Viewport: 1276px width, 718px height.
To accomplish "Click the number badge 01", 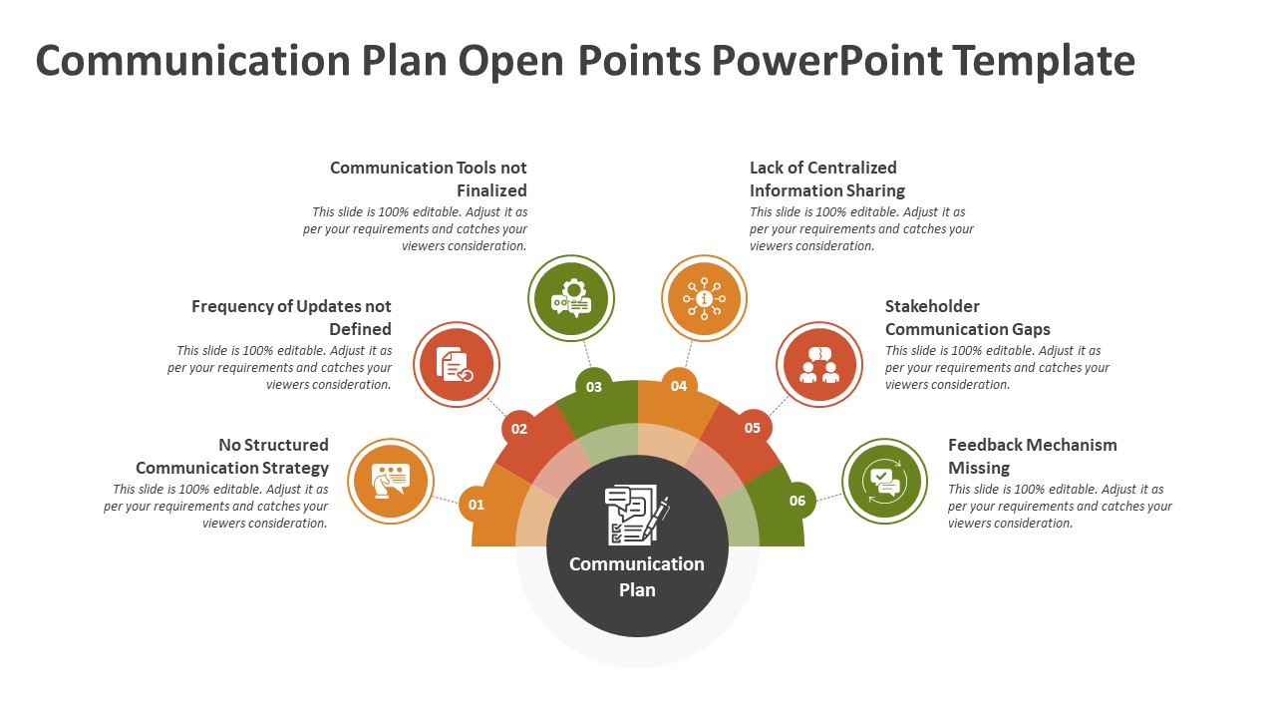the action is point(477,505).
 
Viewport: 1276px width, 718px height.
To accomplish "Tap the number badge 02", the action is point(519,429).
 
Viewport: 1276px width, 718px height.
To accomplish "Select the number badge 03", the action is point(594,386).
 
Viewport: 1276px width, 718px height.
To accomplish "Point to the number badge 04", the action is point(679,386).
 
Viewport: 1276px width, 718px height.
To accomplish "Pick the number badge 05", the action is point(753,428).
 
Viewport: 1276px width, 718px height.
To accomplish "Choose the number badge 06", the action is point(797,501).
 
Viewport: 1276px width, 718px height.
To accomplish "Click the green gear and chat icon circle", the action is point(571,298).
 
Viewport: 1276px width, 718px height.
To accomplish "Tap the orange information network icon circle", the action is point(705,298).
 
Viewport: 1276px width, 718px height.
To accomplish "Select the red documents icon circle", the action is point(456,364).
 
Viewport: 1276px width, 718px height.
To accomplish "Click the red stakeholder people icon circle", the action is point(819,364).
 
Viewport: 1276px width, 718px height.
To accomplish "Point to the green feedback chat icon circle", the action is point(884,482).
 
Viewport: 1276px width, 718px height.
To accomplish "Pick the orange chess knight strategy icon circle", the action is point(391,482).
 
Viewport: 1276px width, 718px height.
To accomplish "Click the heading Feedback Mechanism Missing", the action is point(1032,456).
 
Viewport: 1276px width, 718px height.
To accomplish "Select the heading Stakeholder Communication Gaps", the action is point(967,317).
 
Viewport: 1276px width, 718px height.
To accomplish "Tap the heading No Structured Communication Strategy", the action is point(232,456).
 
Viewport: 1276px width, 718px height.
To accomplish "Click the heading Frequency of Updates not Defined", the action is point(291,317).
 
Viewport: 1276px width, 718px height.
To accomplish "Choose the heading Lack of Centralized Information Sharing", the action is point(826,179).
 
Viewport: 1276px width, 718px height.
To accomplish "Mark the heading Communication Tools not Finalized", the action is point(429,179).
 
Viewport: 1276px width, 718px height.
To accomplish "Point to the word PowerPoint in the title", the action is point(826,61).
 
